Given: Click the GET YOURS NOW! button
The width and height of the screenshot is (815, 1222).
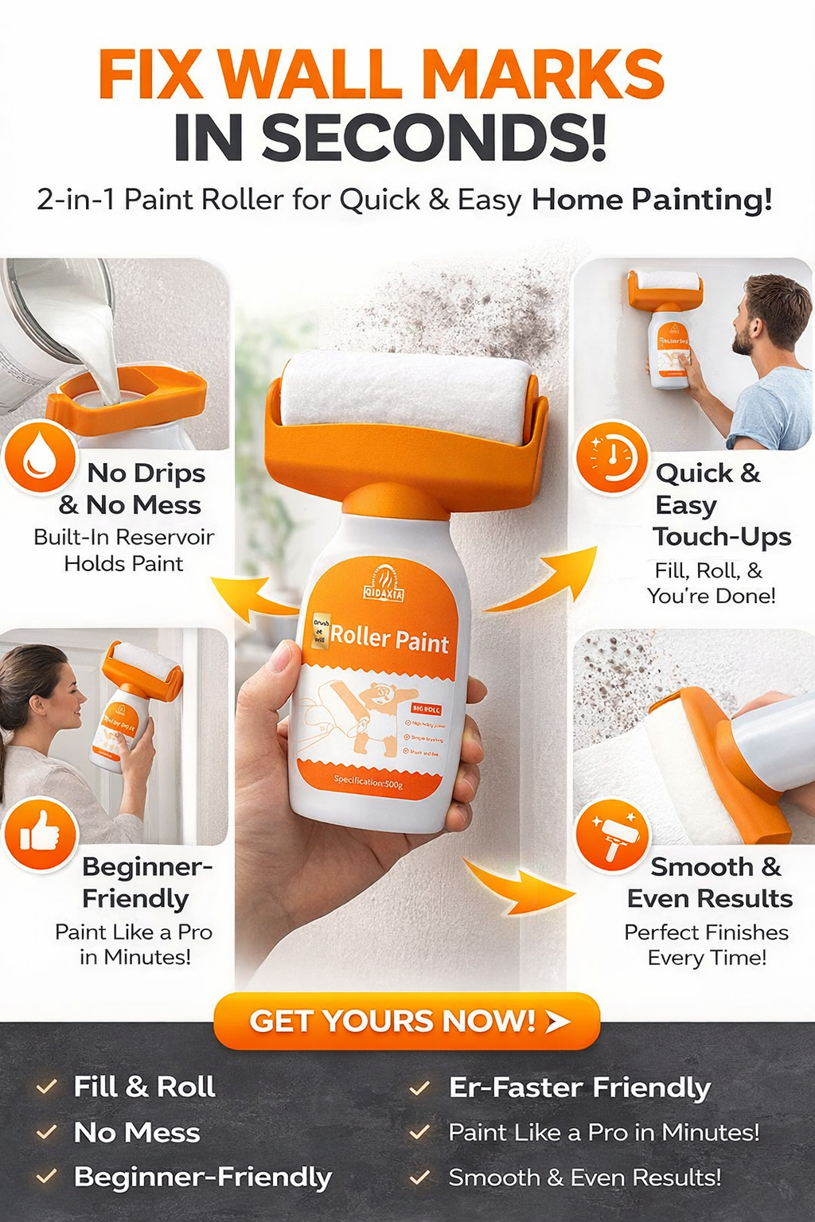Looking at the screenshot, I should [x=407, y=1021].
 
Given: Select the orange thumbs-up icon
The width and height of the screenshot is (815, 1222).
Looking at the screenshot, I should [x=40, y=835].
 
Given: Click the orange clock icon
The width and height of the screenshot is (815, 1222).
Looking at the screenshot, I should [x=611, y=457].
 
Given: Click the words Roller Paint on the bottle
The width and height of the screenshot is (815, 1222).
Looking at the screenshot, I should [x=389, y=639].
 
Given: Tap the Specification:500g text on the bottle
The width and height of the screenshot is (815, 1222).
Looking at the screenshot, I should [x=368, y=783].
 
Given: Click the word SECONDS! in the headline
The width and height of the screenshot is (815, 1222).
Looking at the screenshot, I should [x=434, y=137].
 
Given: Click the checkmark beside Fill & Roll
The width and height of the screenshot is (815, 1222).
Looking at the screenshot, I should [x=47, y=1087].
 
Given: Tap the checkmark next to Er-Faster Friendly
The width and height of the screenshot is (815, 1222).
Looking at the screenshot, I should [x=419, y=1088].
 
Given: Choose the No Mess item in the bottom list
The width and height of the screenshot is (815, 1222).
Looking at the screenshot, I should [x=136, y=1132].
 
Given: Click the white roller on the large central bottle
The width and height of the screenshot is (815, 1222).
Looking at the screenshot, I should [x=407, y=394].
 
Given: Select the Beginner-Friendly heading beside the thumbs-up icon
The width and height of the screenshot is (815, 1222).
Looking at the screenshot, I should [x=146, y=881].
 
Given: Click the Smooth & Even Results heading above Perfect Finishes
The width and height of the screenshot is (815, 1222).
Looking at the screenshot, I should [x=709, y=881].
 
